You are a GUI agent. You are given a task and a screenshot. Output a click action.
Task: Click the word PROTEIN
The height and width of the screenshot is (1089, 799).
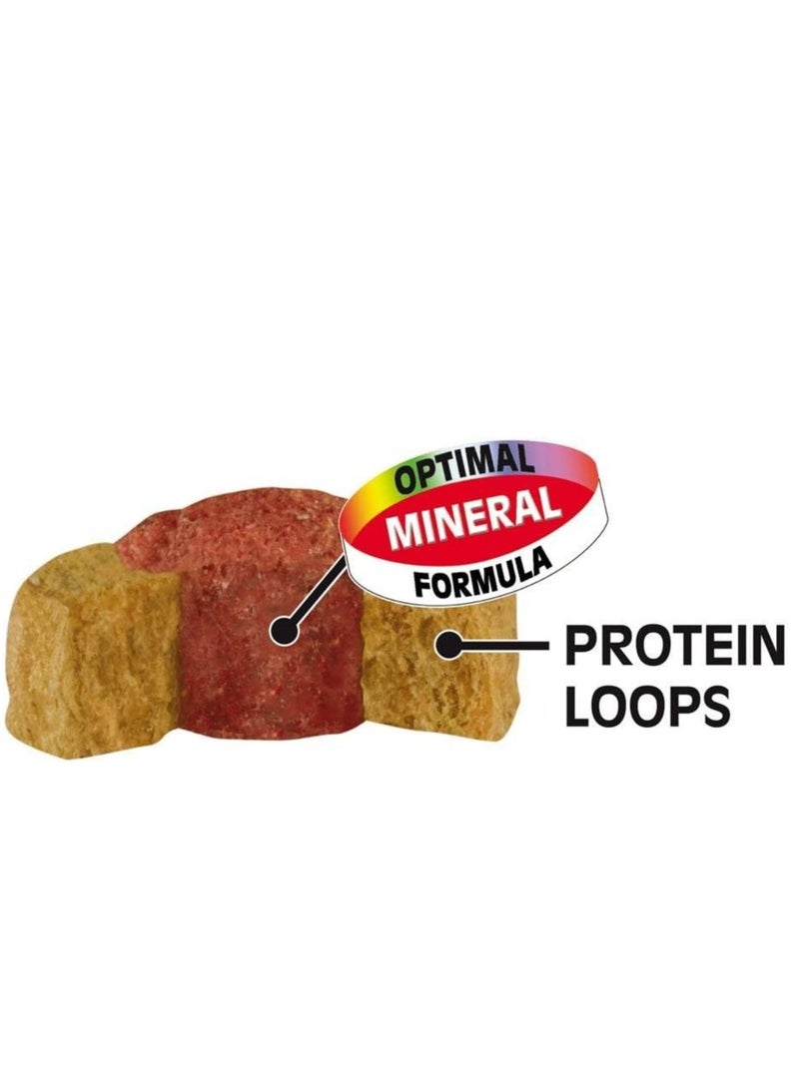pos(674,645)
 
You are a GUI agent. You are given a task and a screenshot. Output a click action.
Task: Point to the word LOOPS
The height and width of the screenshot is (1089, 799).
pos(647,705)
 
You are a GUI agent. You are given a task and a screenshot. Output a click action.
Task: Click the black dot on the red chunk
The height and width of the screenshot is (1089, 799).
pos(284,631)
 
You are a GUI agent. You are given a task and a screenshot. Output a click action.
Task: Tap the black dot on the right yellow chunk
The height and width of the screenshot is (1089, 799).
pos(448,644)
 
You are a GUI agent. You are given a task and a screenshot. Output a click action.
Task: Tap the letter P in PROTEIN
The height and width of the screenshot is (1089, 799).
pos(581,646)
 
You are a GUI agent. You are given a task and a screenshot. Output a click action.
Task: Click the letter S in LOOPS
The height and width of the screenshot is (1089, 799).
pos(714,706)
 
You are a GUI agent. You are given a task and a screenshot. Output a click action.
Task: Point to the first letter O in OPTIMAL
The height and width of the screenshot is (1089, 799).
pos(405,481)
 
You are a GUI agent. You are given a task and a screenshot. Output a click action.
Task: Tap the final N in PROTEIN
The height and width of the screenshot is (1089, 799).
pos(768,646)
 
